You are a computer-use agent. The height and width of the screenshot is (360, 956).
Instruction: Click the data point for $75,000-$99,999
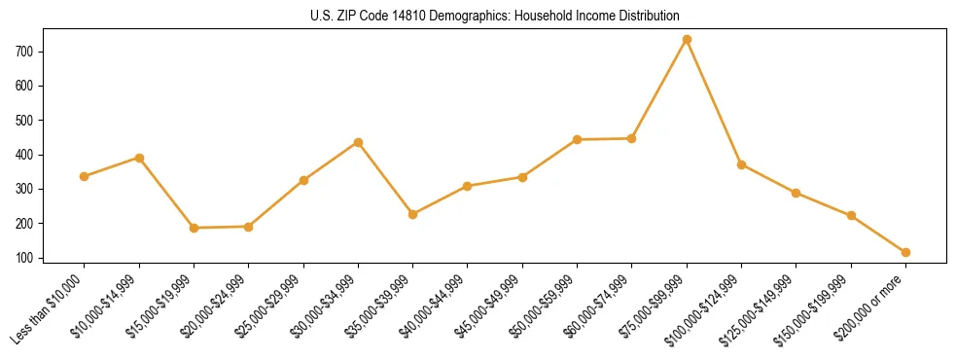(687, 39)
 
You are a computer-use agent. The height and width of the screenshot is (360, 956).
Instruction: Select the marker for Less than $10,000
(85, 176)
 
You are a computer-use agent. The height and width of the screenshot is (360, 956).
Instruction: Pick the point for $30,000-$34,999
(358, 142)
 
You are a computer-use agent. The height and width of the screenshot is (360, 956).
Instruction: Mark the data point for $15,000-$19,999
(194, 228)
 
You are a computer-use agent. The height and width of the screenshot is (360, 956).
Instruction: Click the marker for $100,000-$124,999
(741, 164)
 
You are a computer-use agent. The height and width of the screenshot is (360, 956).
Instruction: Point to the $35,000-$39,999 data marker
(412, 214)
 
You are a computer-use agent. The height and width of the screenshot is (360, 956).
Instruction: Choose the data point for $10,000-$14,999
(139, 158)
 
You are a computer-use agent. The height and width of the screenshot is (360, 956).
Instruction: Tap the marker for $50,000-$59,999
(577, 139)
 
